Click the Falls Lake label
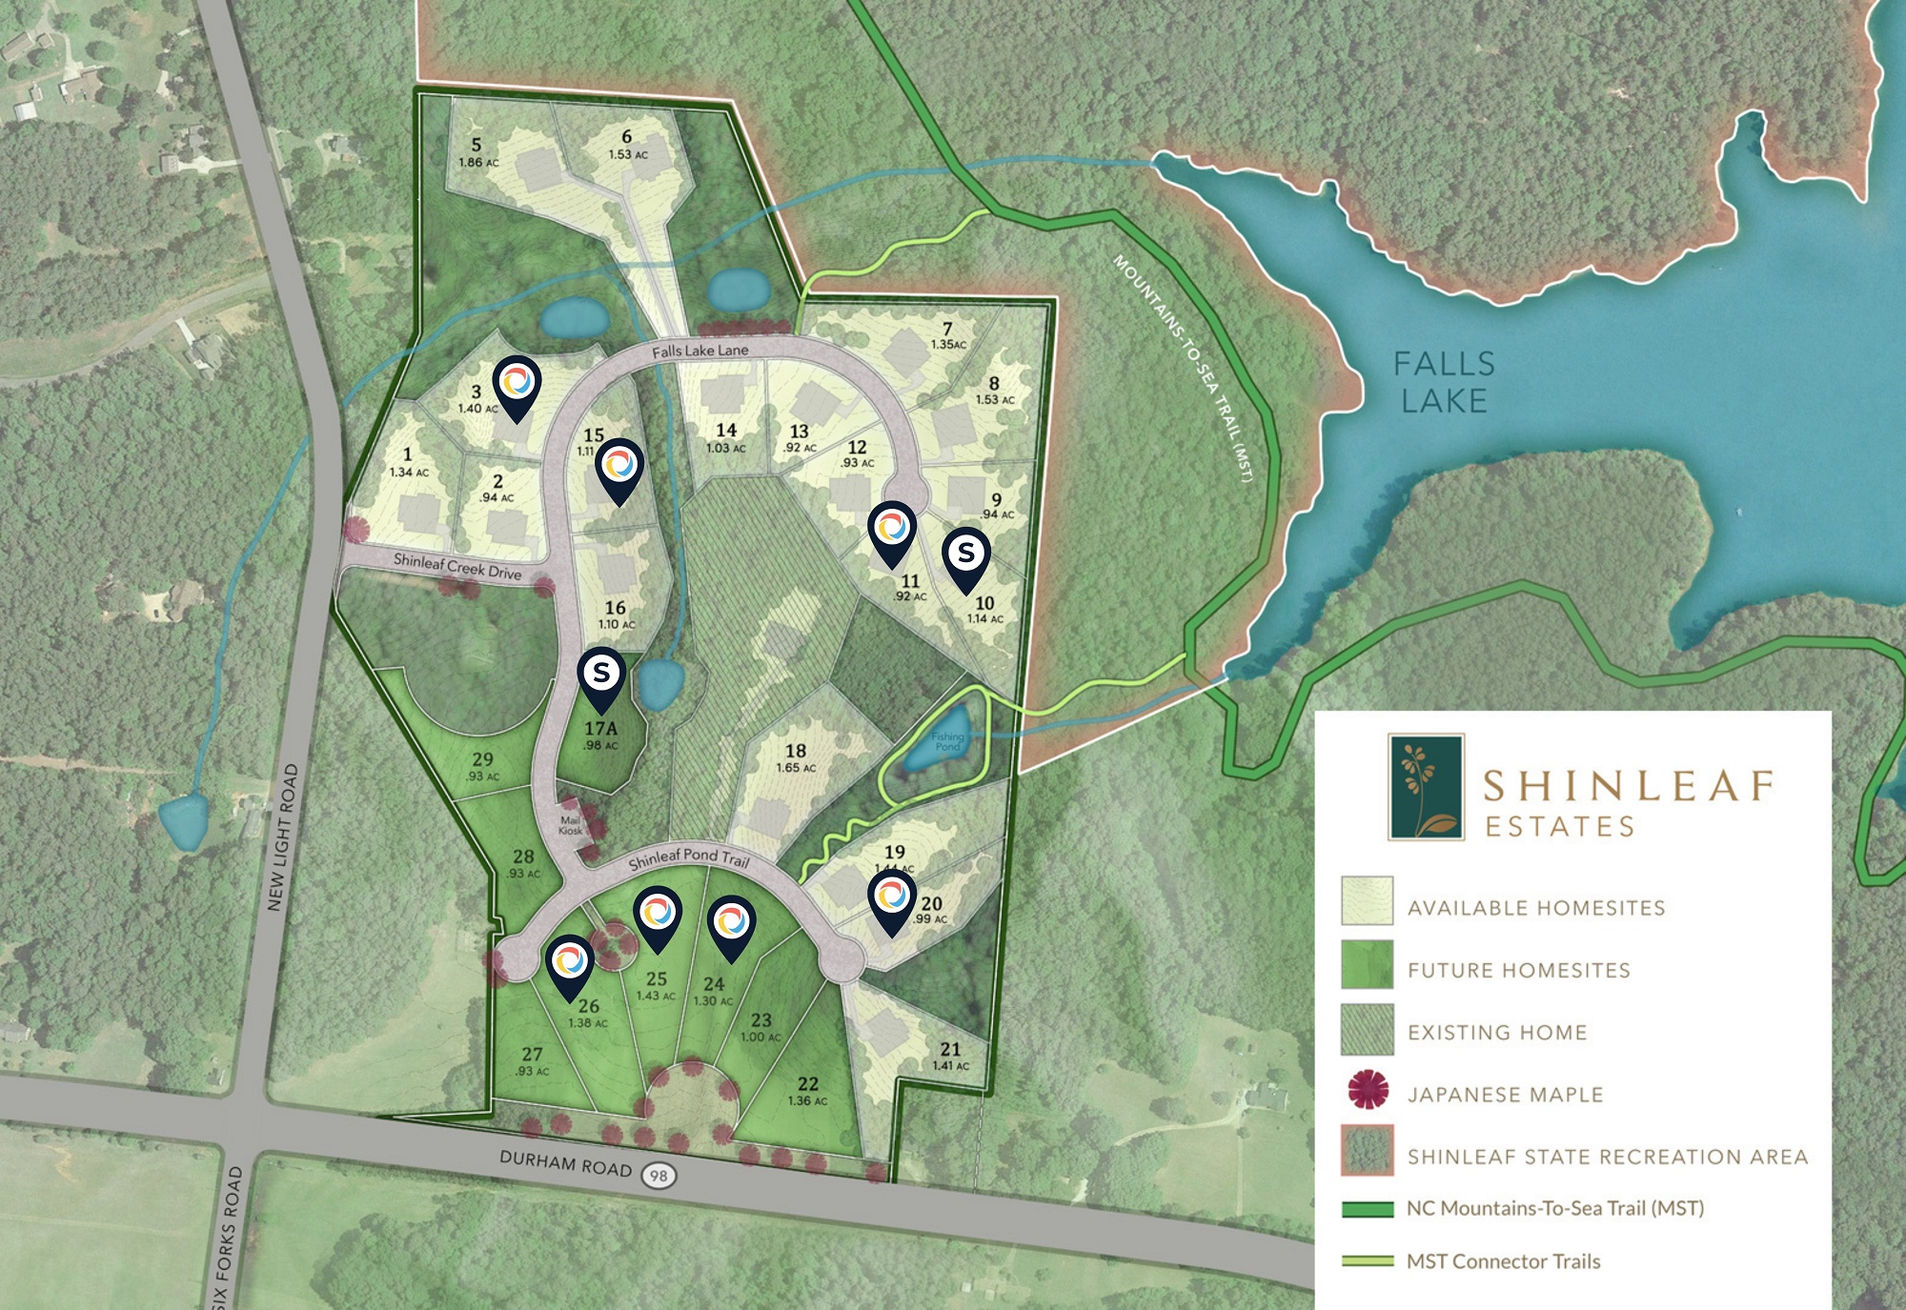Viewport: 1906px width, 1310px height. [x=1444, y=381]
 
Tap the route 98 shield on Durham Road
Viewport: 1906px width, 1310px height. [x=658, y=1175]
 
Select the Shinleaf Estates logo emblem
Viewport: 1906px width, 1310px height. [x=1426, y=787]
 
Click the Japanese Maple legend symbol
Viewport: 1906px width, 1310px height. [x=1368, y=1090]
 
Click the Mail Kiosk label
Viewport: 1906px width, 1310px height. [x=570, y=825]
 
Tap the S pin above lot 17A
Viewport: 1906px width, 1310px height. [x=601, y=675]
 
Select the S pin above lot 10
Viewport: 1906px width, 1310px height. [x=966, y=554]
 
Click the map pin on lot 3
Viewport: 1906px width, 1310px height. [x=517, y=385]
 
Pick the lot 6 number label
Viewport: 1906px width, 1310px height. [x=626, y=137]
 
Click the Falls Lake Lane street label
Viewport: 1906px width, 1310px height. [x=700, y=351]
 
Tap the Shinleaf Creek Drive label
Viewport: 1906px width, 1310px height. [x=457, y=566]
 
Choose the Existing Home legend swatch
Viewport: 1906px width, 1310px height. [x=1368, y=1030]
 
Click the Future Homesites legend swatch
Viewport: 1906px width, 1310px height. [x=1368, y=966]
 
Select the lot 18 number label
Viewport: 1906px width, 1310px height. [x=796, y=751]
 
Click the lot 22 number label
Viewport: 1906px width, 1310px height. [x=808, y=1083]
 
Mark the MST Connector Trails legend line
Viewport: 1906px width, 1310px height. [x=1368, y=1261]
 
